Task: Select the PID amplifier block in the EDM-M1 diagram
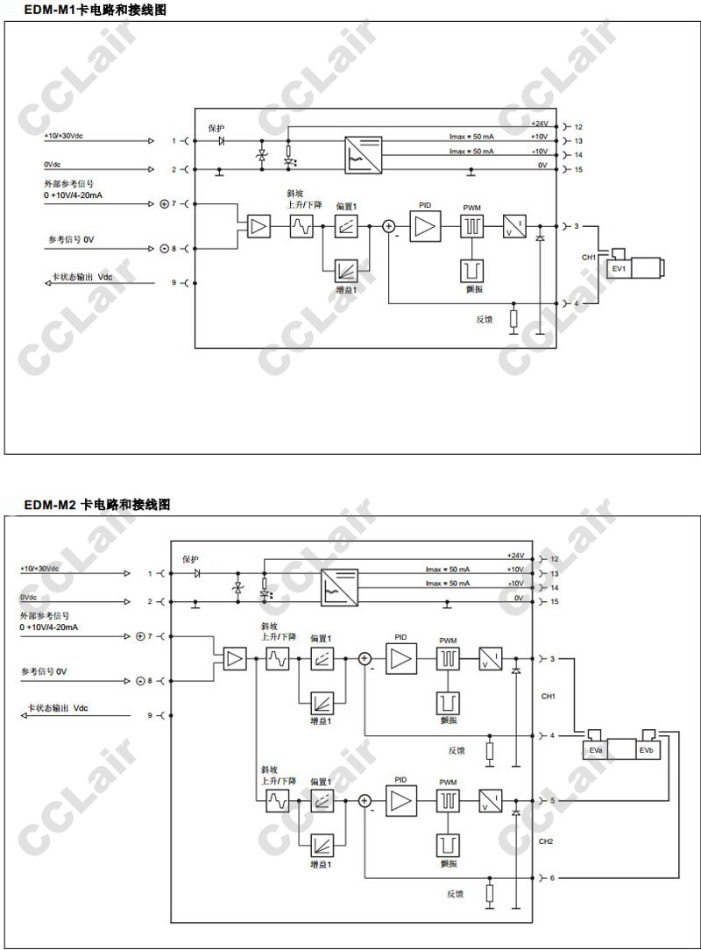[x=425, y=226]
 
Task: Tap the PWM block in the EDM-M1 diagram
[x=472, y=227]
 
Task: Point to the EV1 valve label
[x=619, y=268]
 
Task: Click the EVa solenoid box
[x=595, y=751]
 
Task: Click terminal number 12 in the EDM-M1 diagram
[x=578, y=126]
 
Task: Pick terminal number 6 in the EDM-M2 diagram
[x=552, y=877]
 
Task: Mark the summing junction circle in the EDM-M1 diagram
[x=388, y=226]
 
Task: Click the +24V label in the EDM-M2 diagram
[x=514, y=556]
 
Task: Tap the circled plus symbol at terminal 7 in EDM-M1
[x=164, y=203]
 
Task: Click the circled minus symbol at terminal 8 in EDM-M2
[x=139, y=681]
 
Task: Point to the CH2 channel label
[x=546, y=841]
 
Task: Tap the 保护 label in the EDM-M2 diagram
[x=190, y=559]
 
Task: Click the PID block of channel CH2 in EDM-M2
[x=401, y=800]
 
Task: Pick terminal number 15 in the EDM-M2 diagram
[x=554, y=601]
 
